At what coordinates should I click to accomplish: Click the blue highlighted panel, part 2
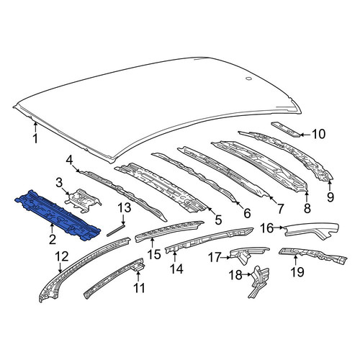tap(58, 215)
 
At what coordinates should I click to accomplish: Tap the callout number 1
tap(35, 139)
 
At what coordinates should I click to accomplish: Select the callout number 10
tap(318, 134)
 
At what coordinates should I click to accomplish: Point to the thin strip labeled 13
tap(116, 230)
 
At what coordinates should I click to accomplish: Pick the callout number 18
tap(235, 275)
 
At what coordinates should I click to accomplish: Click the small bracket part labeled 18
tap(258, 281)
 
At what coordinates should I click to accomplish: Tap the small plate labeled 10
tap(286, 130)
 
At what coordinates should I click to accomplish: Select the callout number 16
tap(267, 228)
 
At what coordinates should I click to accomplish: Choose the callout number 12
tap(62, 257)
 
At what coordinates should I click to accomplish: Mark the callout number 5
tap(218, 220)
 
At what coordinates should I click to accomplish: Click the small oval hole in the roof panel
tap(248, 78)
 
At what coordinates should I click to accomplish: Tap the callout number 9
tap(330, 197)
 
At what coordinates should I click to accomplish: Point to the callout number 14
tap(176, 269)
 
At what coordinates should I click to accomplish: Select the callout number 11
tap(139, 288)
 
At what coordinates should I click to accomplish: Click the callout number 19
tap(297, 272)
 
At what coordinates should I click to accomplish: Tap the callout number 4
tap(69, 161)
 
